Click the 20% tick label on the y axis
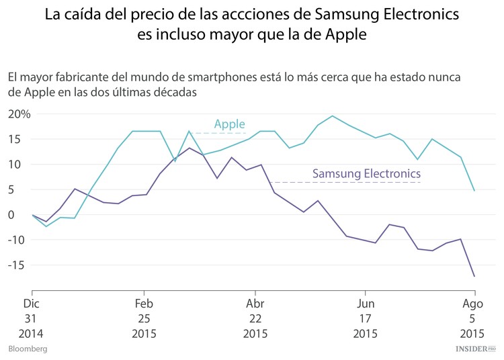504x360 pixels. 19,114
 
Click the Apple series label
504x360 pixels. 229,124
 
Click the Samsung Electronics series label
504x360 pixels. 366,173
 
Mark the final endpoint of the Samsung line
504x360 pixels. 474,276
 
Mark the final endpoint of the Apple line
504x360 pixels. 474,191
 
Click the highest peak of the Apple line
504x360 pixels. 333,116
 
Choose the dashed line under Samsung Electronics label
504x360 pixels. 345,182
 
